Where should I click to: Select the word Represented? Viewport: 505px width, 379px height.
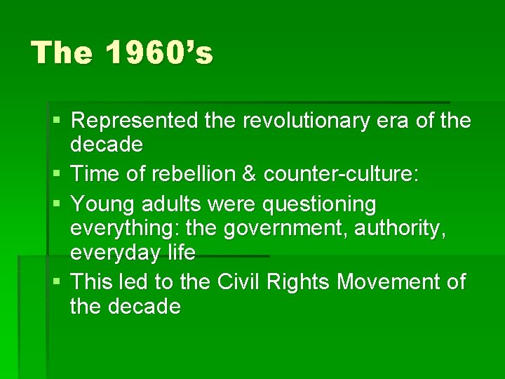(x=135, y=121)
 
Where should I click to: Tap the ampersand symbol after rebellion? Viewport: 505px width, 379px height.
(x=249, y=173)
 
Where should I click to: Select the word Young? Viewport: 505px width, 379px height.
(x=103, y=204)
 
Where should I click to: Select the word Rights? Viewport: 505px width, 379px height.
(x=299, y=282)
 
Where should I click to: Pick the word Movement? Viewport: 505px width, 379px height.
(x=386, y=282)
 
